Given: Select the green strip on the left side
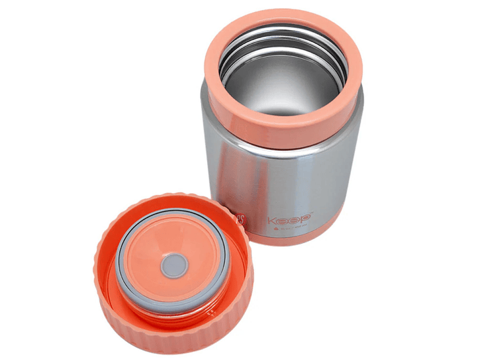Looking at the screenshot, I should [x=29, y=180].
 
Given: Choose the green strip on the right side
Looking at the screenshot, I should [x=450, y=180].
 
